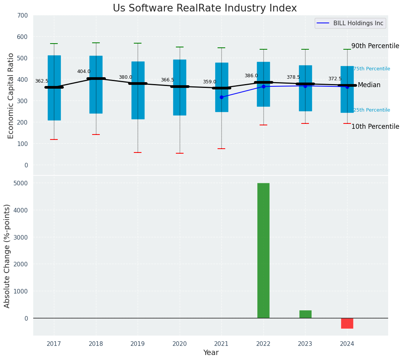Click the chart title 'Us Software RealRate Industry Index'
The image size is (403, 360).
click(x=205, y=8)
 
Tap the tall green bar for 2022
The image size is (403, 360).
click(x=263, y=250)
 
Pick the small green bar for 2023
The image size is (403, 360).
click(x=305, y=314)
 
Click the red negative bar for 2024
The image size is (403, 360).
click(x=347, y=323)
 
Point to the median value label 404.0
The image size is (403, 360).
click(x=84, y=71)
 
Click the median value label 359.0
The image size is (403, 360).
click(x=210, y=82)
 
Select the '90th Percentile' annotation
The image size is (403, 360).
click(x=375, y=46)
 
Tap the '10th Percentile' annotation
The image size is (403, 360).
click(x=375, y=126)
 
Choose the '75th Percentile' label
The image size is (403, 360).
click(x=372, y=69)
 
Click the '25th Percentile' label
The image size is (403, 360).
click(x=372, y=110)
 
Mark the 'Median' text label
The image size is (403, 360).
click(x=369, y=85)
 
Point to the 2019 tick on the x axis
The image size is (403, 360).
click(x=138, y=344)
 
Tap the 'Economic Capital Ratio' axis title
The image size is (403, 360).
click(x=11, y=96)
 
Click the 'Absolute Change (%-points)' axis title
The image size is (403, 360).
click(x=7, y=256)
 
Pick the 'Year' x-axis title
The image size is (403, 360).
click(x=211, y=353)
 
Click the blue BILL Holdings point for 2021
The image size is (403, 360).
click(x=221, y=97)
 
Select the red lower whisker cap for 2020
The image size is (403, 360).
click(x=180, y=153)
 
